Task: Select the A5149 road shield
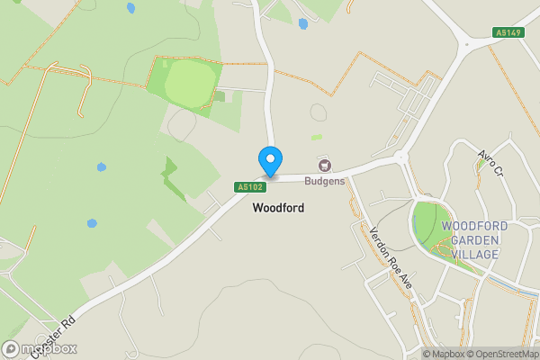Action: coord(507,33)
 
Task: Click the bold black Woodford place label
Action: coord(278,208)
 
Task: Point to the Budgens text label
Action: coord(325,181)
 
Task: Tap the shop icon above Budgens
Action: coord(325,166)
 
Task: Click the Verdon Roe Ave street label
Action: coord(391,256)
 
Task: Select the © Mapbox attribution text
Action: coord(444,354)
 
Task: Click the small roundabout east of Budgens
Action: coord(402,157)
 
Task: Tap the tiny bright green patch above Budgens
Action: coord(316,137)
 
